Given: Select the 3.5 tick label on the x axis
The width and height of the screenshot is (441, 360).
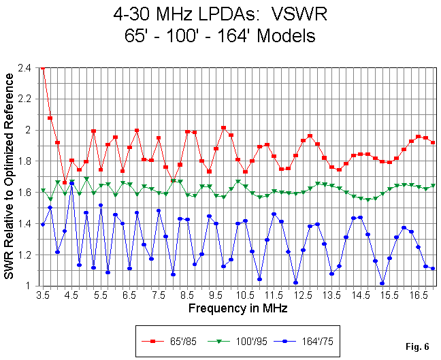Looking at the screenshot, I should coord(42,297).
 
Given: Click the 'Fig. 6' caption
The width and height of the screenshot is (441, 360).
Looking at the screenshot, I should coord(417,346).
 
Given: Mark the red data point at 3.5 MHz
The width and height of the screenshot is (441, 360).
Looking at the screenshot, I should coord(43,68).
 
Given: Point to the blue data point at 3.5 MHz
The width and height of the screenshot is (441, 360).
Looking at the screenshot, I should coord(43,225).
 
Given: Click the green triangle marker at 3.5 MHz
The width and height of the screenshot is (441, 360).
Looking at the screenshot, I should coord(43,191).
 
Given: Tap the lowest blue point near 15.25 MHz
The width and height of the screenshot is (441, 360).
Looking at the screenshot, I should coord(382,283).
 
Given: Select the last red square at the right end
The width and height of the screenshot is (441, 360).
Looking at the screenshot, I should coord(433,142).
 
